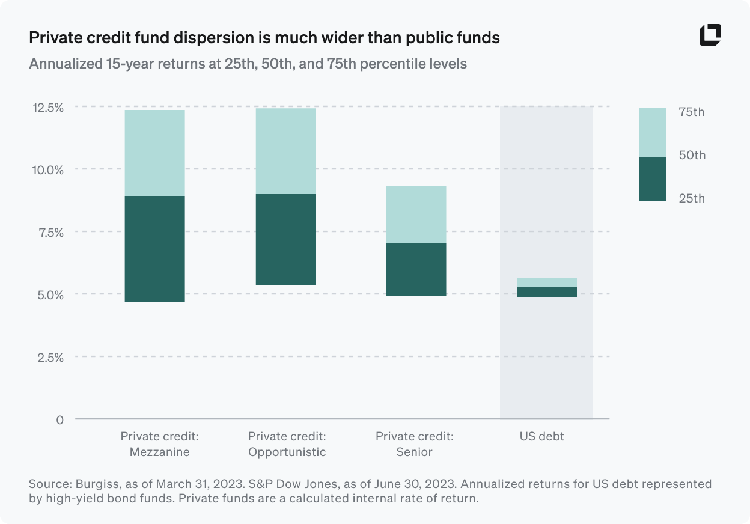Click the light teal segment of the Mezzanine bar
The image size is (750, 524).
(x=154, y=153)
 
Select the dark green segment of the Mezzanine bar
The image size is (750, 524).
(x=154, y=249)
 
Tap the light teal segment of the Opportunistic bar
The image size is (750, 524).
(x=285, y=151)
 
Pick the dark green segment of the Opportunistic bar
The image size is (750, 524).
(x=285, y=239)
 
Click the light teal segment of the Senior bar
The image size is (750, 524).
(x=416, y=215)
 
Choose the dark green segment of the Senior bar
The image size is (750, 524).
(x=416, y=269)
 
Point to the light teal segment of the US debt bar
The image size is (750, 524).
(x=546, y=282)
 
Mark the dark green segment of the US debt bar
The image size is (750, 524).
(x=546, y=292)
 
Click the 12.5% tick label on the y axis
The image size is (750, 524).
(x=47, y=107)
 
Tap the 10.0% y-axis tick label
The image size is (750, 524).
(x=47, y=169)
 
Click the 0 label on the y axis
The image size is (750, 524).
(x=59, y=419)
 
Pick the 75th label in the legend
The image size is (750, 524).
(x=691, y=112)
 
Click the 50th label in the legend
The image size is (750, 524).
(x=691, y=155)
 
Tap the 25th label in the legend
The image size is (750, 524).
(x=691, y=198)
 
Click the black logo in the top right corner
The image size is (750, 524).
(x=710, y=35)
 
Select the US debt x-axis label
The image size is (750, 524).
(x=541, y=436)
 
